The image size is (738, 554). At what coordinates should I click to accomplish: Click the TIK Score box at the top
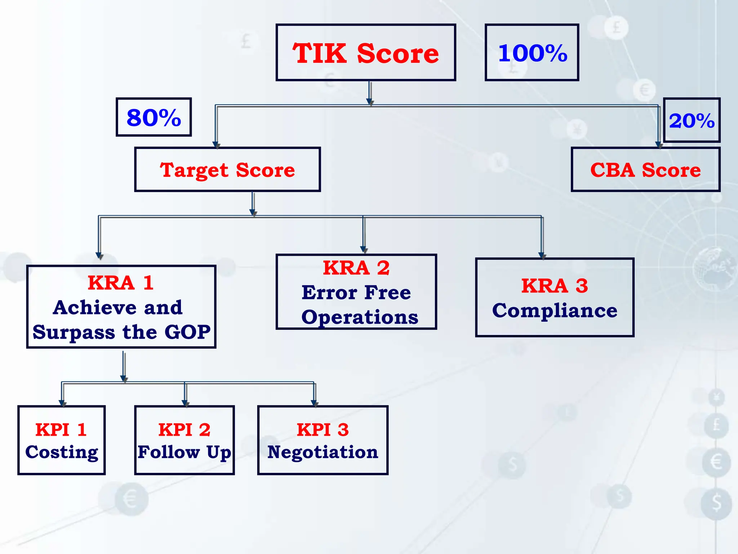365,53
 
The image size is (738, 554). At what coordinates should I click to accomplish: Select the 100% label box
532,53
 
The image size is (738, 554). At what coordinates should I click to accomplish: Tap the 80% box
154,117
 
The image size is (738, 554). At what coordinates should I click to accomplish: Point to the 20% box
692,120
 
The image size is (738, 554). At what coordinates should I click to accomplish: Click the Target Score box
227,170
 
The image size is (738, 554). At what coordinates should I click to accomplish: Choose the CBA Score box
645,170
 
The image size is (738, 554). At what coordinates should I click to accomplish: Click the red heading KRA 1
121,283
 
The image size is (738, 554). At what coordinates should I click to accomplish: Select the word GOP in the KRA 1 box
187,332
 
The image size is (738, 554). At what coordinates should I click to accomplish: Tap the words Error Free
356,292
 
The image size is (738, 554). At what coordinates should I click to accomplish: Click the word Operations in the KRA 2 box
360,317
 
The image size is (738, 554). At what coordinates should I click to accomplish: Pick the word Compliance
555,311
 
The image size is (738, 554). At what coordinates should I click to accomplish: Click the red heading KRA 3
555,286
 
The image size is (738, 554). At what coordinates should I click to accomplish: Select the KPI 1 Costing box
62,440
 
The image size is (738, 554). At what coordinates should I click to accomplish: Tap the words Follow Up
184,452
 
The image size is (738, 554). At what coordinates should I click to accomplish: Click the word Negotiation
323,452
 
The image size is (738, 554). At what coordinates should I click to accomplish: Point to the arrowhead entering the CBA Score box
659,145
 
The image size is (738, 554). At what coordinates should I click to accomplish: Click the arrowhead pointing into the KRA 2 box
364,250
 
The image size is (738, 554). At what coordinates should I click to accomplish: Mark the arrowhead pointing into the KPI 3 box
315,403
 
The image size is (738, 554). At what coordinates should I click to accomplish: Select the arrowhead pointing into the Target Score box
216,145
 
